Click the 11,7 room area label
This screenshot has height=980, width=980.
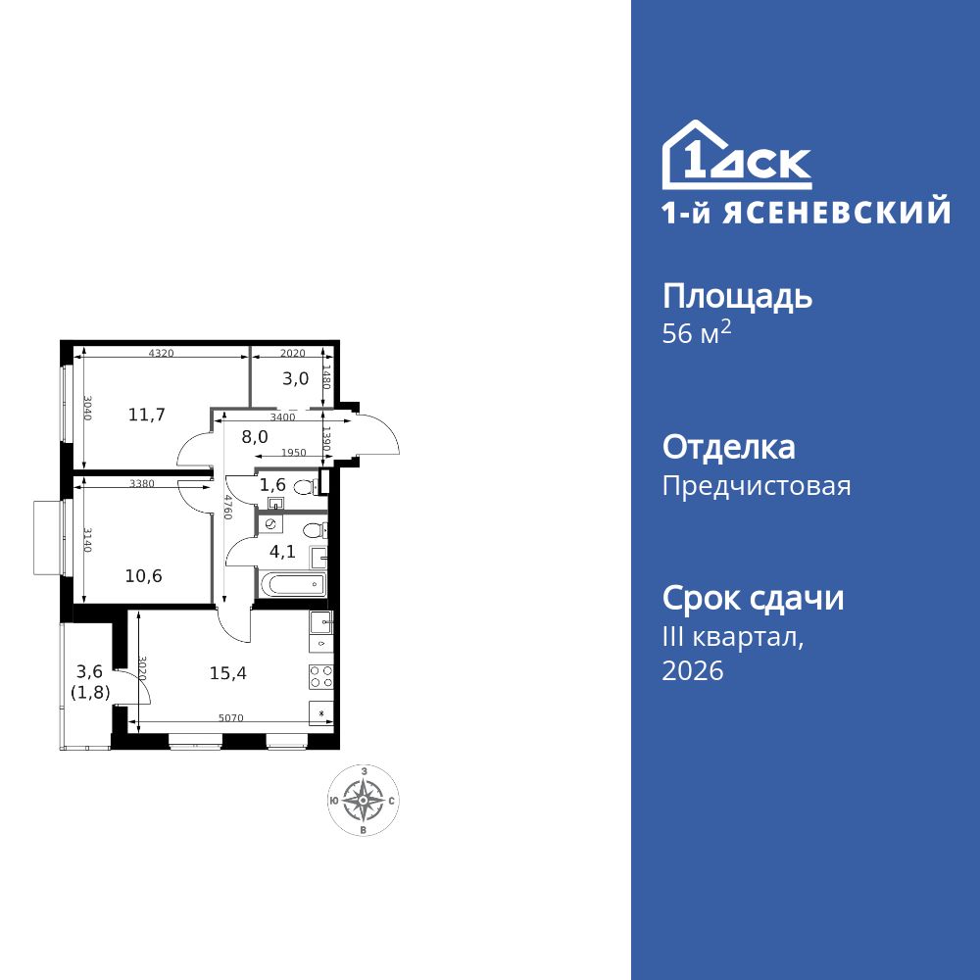click(x=147, y=415)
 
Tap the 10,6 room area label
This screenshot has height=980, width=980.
click(x=144, y=575)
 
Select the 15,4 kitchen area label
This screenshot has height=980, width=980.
click(x=227, y=672)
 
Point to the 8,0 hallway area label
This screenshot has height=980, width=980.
click(x=255, y=437)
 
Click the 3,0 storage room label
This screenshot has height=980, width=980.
click(x=297, y=378)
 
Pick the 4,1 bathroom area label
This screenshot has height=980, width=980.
click(x=283, y=551)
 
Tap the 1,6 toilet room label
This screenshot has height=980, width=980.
click(x=271, y=484)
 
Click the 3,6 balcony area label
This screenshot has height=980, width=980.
click(x=89, y=672)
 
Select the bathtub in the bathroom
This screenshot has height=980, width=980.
click(x=291, y=585)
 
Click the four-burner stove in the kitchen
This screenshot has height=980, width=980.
click(x=321, y=676)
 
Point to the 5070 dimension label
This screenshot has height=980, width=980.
click(x=230, y=718)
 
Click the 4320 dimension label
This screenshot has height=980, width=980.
click(x=161, y=354)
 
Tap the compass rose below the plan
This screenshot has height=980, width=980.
click(x=364, y=802)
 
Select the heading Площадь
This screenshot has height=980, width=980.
click(x=737, y=297)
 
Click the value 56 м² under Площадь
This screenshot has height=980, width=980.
click(x=697, y=333)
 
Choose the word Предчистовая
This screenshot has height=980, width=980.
click(x=757, y=486)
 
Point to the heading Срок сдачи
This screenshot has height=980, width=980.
click(x=753, y=598)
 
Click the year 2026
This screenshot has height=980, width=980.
click(x=693, y=671)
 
